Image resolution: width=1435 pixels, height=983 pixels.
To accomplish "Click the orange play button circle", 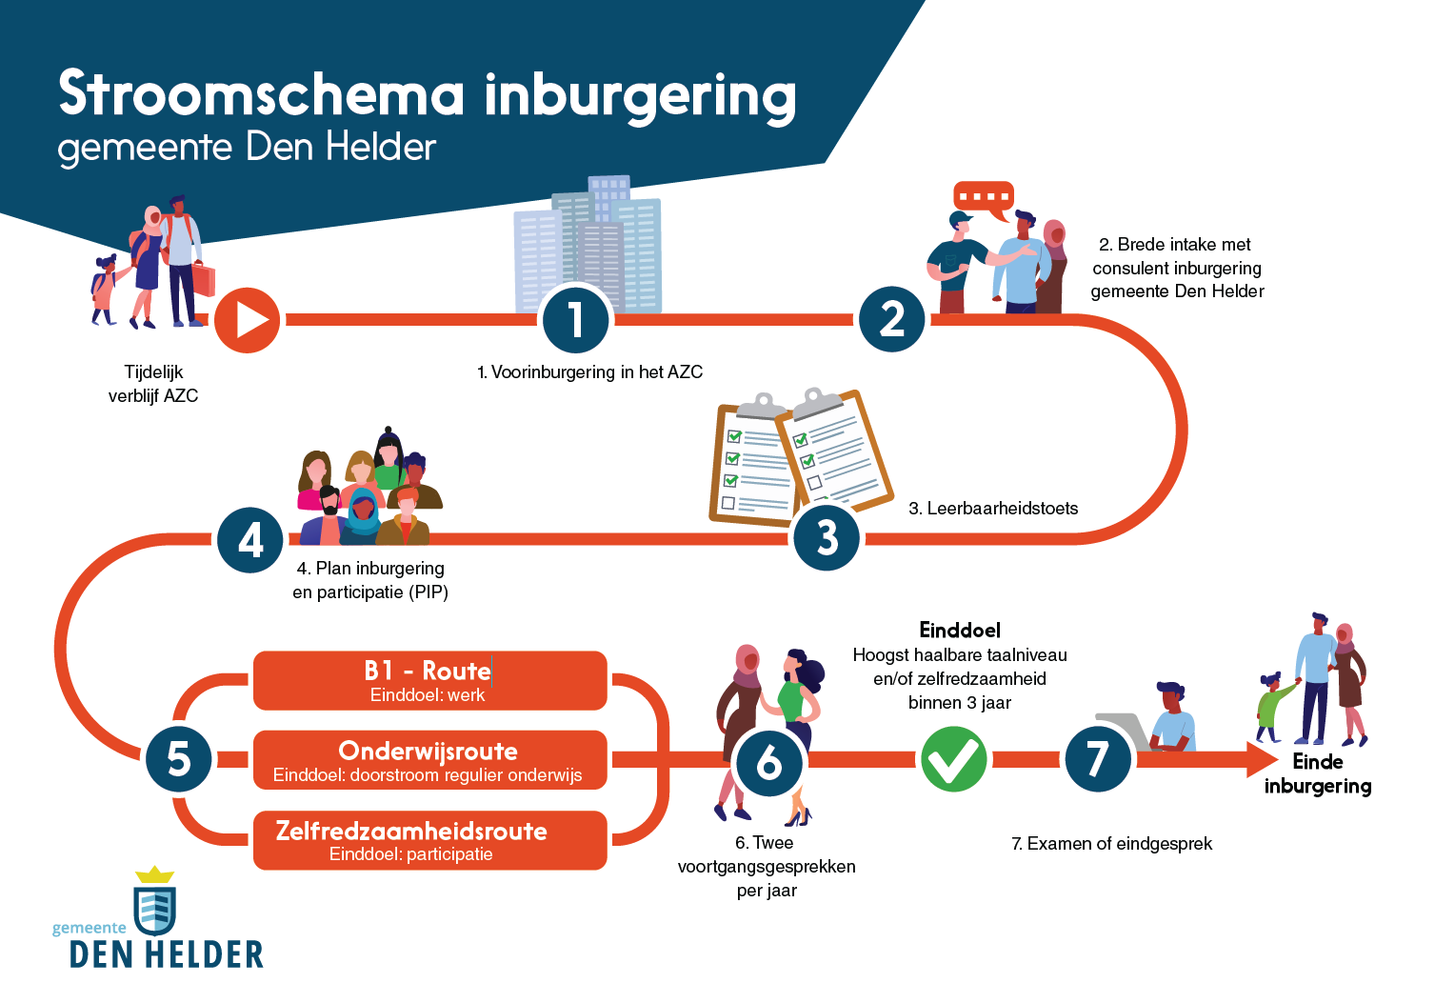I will click(248, 320).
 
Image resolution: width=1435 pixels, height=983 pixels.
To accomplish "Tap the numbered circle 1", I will click(576, 320).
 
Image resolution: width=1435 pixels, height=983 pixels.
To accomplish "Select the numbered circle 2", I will click(892, 319).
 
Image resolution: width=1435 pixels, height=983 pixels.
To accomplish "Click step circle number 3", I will click(827, 538).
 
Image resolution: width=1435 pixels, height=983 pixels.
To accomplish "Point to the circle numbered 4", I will click(250, 540).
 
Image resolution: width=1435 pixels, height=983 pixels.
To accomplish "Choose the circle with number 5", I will click(179, 759).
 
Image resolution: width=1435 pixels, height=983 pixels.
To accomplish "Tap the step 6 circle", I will click(768, 762).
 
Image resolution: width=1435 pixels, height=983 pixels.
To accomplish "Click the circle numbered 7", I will click(1097, 759).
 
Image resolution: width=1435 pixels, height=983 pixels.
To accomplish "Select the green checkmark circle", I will click(953, 759).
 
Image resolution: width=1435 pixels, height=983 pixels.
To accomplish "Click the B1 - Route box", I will click(429, 680).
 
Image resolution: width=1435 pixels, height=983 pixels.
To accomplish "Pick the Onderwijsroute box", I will click(429, 760).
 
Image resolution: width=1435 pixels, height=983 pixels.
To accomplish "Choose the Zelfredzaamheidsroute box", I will click(429, 840).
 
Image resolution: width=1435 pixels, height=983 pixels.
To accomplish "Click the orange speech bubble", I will click(984, 198).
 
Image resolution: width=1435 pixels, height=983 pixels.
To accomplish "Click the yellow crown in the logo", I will click(154, 874).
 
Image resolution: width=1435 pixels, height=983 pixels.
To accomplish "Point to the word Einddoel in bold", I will click(960, 631).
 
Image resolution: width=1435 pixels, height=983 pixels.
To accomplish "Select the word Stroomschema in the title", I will click(261, 94).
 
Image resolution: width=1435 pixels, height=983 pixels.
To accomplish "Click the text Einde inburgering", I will click(1318, 773).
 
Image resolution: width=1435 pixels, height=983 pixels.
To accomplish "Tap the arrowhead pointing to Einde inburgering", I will click(1263, 759).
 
